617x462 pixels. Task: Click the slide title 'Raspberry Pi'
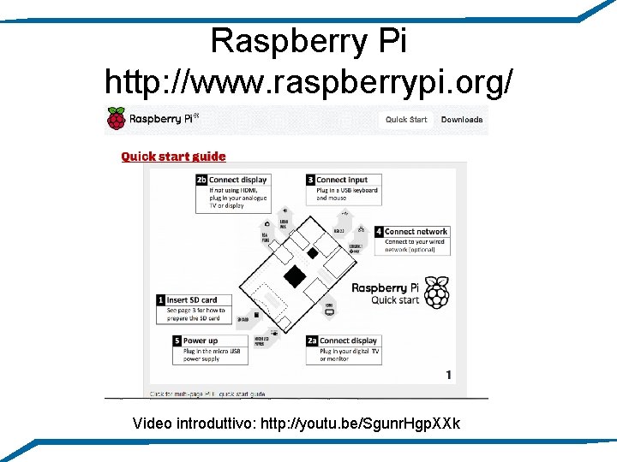pos(308,40)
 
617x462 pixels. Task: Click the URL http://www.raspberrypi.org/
pos(308,82)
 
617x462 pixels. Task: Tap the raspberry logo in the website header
pos(115,118)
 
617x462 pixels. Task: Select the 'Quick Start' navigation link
pos(405,120)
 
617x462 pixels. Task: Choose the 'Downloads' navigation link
pos(462,120)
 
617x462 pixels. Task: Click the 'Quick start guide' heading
pos(173,157)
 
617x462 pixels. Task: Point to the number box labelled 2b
pos(201,180)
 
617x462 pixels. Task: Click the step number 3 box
pos(310,180)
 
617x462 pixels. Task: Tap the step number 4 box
pos(379,232)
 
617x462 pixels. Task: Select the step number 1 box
pos(160,300)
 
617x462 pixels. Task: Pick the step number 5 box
pos(177,341)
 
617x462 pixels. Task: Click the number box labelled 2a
pos(312,341)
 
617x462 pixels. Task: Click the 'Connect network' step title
pos(416,232)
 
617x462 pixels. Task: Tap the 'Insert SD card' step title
pos(192,300)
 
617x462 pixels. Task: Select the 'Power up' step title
pos(201,341)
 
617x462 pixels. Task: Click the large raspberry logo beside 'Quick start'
pos(437,293)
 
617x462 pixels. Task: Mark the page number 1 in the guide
pos(449,375)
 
